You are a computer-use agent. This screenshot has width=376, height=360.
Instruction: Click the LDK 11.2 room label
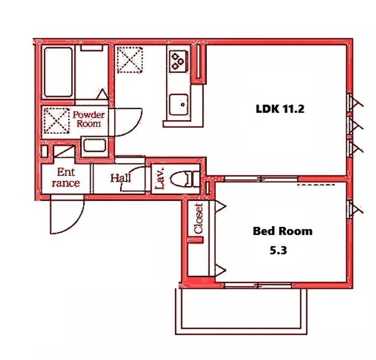tap(280, 109)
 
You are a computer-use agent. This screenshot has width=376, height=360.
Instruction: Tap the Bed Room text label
tap(283, 231)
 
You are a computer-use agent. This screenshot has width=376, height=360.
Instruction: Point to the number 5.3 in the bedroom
tap(278, 251)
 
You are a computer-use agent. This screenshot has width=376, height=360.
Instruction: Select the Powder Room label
tap(88, 119)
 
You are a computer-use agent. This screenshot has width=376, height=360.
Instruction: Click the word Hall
tap(121, 178)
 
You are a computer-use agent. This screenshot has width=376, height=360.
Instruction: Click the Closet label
tap(199, 218)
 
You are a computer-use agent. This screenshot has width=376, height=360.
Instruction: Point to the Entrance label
tap(66, 178)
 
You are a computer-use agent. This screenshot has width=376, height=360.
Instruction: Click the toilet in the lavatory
tap(185, 179)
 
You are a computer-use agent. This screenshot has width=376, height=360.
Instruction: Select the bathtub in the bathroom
tap(58, 72)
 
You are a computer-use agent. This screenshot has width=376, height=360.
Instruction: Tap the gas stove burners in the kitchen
tap(178, 61)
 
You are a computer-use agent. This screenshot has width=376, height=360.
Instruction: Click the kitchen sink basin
tap(179, 104)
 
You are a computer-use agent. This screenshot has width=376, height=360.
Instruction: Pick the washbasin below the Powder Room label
tap(95, 145)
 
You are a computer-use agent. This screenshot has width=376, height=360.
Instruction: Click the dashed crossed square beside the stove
tap(130, 60)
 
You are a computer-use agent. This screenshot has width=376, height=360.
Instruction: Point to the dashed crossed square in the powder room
tap(56, 120)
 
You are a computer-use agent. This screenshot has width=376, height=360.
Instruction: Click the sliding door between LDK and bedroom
tap(261, 179)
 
